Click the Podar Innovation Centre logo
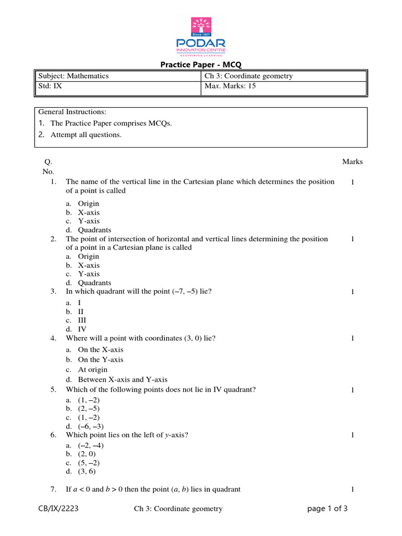click(200, 36)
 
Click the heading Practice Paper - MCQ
click(200, 65)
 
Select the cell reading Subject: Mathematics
click(73, 76)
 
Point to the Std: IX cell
click(49, 86)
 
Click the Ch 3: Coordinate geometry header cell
click(249, 76)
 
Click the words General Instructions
click(72, 112)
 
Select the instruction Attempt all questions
click(86, 135)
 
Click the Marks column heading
click(352, 162)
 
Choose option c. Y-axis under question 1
click(88, 221)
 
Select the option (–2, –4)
click(91, 445)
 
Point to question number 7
click(53, 489)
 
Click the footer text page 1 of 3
click(327, 508)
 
